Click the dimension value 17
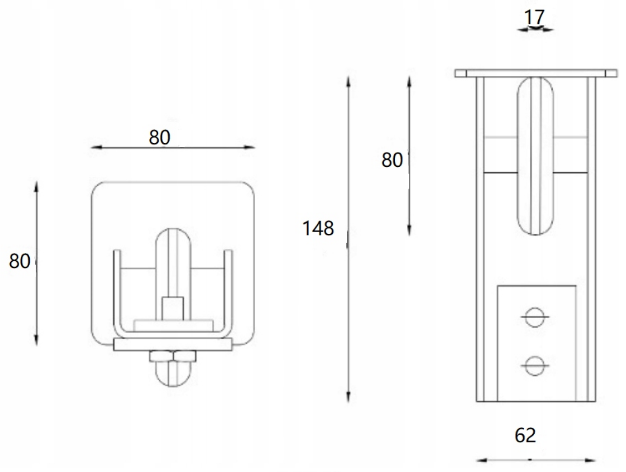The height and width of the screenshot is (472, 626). click(x=534, y=17)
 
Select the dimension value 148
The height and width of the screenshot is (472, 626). click(x=318, y=229)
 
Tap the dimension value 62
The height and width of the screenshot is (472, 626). click(x=525, y=436)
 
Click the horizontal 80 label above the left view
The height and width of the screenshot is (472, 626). click(x=159, y=138)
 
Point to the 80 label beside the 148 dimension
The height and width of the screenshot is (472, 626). click(x=392, y=160)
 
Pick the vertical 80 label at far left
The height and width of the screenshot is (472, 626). click(x=19, y=261)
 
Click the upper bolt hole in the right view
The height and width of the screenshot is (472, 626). click(x=535, y=317)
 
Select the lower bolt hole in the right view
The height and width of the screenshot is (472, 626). click(x=535, y=366)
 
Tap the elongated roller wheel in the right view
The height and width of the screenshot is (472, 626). click(x=535, y=155)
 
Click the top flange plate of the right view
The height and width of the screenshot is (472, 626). click(x=536, y=73)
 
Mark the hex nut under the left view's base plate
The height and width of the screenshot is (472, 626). click(x=173, y=356)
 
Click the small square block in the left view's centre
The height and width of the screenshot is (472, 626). click(x=172, y=308)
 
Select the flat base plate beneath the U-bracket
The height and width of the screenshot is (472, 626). click(x=173, y=345)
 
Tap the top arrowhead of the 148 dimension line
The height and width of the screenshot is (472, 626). click(x=349, y=80)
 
